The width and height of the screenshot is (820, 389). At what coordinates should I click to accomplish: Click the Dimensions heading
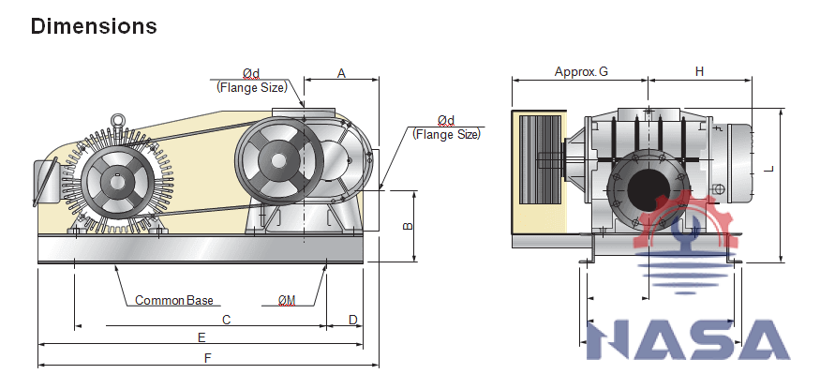(x=94, y=26)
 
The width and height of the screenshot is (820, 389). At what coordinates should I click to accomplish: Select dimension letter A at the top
(x=341, y=72)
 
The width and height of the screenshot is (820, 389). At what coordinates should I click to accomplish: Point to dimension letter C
(x=226, y=320)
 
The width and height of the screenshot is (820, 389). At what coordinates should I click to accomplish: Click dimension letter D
(x=352, y=320)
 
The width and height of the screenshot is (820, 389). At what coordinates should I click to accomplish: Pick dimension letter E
(x=201, y=337)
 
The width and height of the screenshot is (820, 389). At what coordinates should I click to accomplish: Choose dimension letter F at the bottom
(x=207, y=359)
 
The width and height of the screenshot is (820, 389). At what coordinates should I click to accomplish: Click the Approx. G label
(x=581, y=71)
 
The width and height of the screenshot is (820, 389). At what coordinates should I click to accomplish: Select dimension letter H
(x=699, y=71)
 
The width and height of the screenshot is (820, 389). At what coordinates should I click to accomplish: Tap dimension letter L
(x=768, y=169)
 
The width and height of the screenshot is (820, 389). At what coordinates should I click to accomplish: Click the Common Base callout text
(x=174, y=301)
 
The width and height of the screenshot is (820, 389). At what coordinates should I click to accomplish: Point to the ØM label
(x=287, y=301)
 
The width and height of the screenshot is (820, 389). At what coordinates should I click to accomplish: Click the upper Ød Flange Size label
(x=250, y=81)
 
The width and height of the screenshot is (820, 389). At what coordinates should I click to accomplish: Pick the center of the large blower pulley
(x=278, y=159)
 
